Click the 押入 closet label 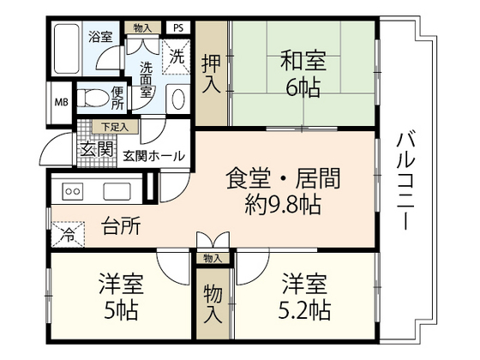tap(211, 73)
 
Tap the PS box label tap(177, 27)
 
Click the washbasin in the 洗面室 tap(177, 99)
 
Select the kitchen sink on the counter tap(117, 190)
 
